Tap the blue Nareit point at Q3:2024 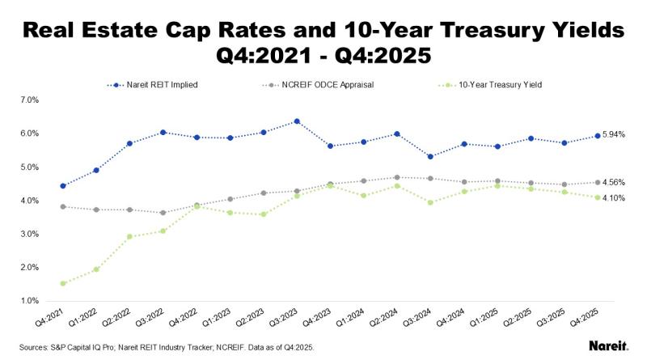tap(430, 156)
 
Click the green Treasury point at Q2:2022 tap(129, 236)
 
